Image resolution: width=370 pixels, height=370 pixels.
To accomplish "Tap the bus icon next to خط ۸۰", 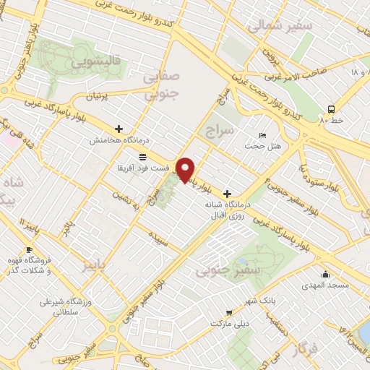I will click(330, 109).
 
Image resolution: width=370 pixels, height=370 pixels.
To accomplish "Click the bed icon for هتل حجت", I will click(263, 135).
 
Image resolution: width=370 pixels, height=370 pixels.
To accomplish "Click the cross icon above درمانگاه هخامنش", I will click(119, 129).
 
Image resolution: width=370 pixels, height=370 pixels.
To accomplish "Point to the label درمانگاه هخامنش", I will click(119, 141).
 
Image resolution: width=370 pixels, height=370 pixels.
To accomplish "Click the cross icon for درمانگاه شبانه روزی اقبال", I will click(228, 194).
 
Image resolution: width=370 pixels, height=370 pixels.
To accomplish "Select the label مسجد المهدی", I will click(327, 287).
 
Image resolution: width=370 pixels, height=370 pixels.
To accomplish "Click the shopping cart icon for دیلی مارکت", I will click(228, 313).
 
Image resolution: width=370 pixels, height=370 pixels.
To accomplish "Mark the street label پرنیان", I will click(100, 95).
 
